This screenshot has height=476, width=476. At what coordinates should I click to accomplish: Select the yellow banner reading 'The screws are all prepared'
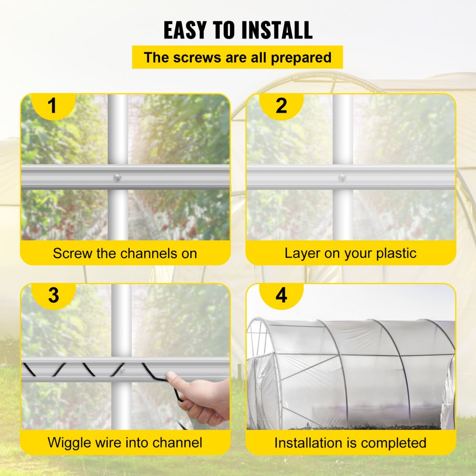click(x=237, y=58)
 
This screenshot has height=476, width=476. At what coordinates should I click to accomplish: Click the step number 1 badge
click(x=52, y=106)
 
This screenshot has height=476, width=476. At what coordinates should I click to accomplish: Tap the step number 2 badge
click(x=281, y=106)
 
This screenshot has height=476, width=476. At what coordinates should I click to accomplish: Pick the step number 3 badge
click(x=53, y=295)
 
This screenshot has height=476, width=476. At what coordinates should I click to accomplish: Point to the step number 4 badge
click(x=281, y=295)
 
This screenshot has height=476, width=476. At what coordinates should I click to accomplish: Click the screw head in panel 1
click(x=117, y=177)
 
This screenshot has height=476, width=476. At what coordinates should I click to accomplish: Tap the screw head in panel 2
click(x=342, y=177)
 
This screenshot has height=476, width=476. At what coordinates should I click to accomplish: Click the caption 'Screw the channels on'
click(x=125, y=253)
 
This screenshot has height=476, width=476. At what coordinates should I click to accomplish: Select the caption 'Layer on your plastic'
click(x=350, y=253)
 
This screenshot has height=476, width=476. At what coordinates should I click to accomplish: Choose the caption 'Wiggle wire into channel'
click(x=125, y=442)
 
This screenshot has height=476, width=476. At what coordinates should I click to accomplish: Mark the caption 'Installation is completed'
click(x=350, y=443)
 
